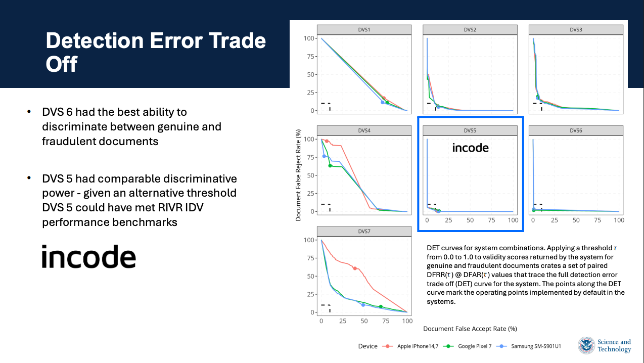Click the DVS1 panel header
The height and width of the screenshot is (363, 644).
click(x=364, y=30)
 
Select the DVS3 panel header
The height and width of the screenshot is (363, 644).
click(x=576, y=30)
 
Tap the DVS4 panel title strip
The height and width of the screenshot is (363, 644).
click(x=364, y=130)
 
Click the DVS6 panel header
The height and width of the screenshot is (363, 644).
click(x=576, y=130)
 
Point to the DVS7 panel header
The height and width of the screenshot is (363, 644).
click(x=364, y=232)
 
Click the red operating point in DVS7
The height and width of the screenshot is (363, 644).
click(x=355, y=268)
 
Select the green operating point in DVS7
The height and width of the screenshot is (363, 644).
click(x=381, y=306)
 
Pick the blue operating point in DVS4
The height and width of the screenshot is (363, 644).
click(x=325, y=156)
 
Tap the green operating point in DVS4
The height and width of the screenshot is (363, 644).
click(x=330, y=166)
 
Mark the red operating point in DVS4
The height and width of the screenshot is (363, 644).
click(x=327, y=141)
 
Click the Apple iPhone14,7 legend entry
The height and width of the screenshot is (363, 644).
click(x=410, y=346)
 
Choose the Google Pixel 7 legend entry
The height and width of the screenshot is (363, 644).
click(x=467, y=346)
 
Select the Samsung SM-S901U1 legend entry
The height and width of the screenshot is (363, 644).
click(x=529, y=346)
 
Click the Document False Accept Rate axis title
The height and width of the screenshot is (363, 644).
click(x=470, y=329)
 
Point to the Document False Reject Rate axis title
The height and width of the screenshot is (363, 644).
click(x=298, y=175)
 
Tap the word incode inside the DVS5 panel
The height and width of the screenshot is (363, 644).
click(x=470, y=148)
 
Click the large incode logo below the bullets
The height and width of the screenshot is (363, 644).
click(x=89, y=256)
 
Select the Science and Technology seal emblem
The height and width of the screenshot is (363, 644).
click(x=586, y=345)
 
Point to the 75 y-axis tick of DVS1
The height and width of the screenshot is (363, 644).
click(x=310, y=57)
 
